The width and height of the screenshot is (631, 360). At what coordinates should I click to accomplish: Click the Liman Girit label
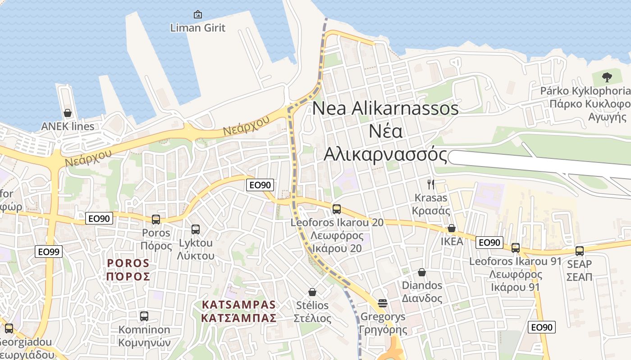pos(197,28)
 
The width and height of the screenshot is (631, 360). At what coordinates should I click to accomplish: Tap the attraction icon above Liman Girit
pos(197,15)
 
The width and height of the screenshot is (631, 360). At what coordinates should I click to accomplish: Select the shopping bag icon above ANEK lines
pos(68,112)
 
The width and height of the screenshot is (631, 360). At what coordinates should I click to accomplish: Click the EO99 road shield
pos(49,252)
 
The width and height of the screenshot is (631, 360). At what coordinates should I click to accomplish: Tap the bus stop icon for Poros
pos(156,220)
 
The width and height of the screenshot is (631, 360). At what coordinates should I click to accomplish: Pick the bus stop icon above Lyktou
pos(195,229)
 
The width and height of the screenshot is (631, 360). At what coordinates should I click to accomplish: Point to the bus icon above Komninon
pos(144,316)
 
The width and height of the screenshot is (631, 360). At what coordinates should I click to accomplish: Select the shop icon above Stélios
pos(312,292)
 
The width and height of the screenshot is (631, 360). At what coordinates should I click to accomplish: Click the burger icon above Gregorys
pos(383,303)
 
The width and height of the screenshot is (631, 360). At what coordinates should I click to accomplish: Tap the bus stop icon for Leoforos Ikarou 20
pos(336,209)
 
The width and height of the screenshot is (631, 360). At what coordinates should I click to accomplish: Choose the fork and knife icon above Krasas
pos(431,184)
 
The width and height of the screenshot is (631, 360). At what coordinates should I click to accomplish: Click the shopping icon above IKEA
pos(451,229)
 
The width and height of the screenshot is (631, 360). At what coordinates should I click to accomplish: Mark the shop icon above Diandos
pos(422,272)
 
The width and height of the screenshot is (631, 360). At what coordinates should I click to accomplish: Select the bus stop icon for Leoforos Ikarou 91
pos(516,248)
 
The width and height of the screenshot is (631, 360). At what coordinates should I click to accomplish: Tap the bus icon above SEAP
pos(580,251)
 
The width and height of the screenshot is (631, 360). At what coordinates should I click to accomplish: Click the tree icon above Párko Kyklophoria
pos(607,77)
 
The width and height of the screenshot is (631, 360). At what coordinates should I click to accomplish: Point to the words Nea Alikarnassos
pos(385,108)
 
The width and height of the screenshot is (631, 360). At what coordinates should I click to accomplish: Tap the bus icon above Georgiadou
pos(9,328)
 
